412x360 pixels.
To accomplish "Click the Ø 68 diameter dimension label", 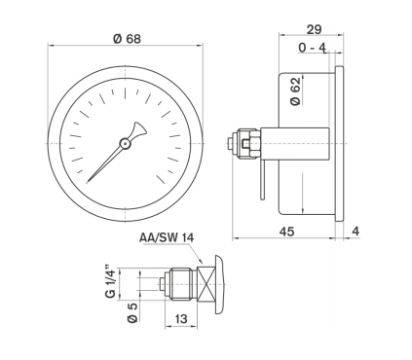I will pyautogui.click(x=126, y=38).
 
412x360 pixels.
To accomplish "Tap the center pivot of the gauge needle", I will pyautogui.click(x=126, y=143).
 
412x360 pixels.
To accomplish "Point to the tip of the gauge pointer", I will pyautogui.click(x=88, y=182).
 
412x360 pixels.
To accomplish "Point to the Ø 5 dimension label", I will pyautogui.click(x=110, y=313).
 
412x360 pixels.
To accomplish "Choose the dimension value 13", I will pyautogui.click(x=181, y=319).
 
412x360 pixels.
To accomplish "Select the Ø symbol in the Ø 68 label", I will pyautogui.click(x=117, y=38).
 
